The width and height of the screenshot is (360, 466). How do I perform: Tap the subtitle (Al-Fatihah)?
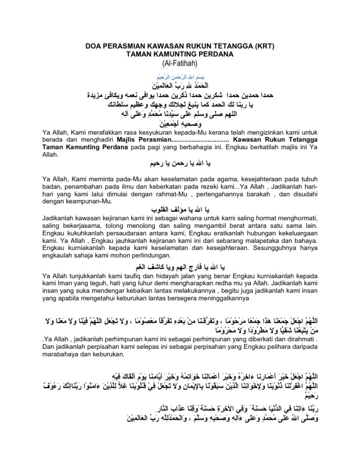(180, 63)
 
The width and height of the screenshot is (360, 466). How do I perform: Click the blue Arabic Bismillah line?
(180, 76)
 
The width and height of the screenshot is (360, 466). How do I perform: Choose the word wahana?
(177, 231)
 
